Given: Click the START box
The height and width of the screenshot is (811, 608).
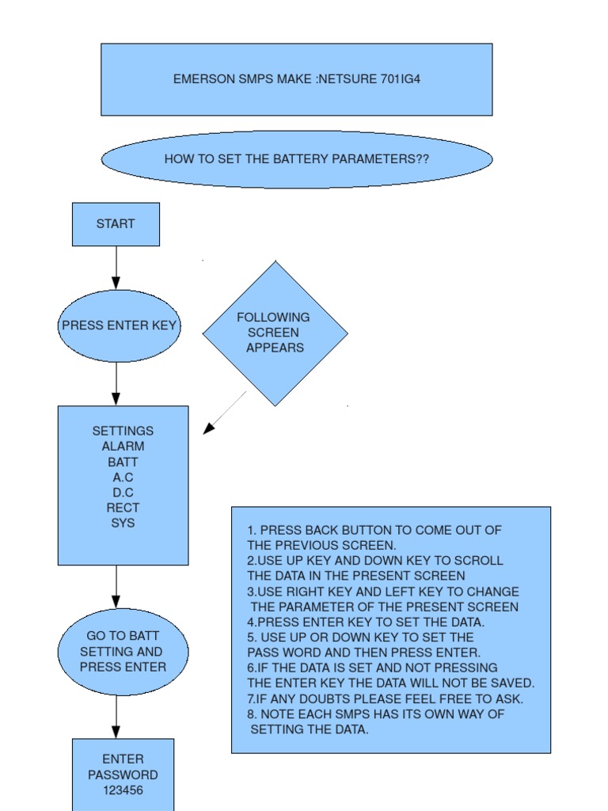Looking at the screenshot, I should click(x=116, y=224).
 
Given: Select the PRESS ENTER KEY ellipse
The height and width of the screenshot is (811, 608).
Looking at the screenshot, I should click(x=119, y=326).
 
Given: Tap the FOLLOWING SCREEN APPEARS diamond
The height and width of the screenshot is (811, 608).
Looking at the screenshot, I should click(x=275, y=333).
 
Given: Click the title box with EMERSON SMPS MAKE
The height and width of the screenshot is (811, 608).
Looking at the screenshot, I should click(x=296, y=79).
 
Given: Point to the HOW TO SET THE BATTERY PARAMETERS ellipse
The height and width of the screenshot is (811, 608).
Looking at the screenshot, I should click(x=296, y=159).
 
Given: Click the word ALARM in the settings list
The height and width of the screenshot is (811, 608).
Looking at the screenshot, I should click(x=123, y=447).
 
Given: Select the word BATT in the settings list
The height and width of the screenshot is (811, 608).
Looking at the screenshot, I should click(x=123, y=462).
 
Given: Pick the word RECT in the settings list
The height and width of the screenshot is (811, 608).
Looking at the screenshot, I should click(x=123, y=508).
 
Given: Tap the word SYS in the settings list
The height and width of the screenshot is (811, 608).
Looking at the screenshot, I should click(x=123, y=524).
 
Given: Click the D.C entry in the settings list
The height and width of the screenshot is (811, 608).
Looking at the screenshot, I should click(x=123, y=493).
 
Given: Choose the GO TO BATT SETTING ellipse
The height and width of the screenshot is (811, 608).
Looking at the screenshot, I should click(x=123, y=652).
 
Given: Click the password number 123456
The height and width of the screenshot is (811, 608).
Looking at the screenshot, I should click(x=123, y=790).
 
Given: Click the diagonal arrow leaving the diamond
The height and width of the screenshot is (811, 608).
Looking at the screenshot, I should click(x=225, y=413).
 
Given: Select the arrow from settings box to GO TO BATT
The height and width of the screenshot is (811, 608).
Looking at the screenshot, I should click(x=116, y=586).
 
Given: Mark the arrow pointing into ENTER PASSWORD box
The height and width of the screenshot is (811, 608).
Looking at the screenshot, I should click(x=116, y=718).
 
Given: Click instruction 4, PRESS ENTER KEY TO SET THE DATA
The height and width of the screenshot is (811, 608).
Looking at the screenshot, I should click(x=366, y=623).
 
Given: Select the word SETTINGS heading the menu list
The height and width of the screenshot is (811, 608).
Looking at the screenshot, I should click(x=123, y=432).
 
